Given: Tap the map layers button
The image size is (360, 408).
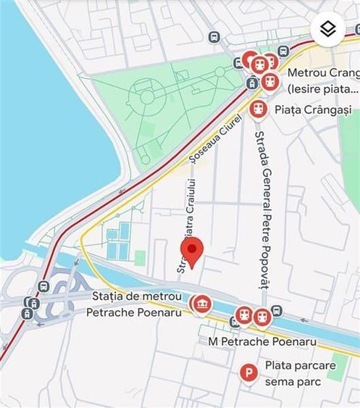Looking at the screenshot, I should pyautogui.click(x=328, y=29).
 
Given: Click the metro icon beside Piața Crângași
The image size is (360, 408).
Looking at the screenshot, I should pyautogui.click(x=258, y=109).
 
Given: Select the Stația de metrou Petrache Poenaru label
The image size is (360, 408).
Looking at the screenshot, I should pyautogui.click(x=137, y=304).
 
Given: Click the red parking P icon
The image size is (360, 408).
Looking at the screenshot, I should pyautogui.click(x=248, y=373).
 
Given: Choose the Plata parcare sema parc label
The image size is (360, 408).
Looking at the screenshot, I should pyautogui.click(x=298, y=373).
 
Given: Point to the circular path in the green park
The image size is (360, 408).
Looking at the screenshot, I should pyautogui.click(x=147, y=96).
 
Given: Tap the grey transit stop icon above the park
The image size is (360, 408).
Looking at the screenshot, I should pyautogui.click(x=214, y=37).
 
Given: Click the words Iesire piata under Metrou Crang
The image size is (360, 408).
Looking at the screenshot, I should pyautogui.click(x=322, y=89).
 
